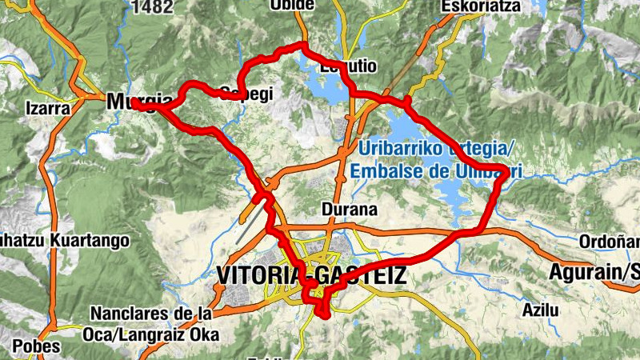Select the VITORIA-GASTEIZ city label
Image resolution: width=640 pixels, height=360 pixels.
click(x=310, y=276)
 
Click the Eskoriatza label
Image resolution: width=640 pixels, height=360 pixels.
click(x=480, y=6)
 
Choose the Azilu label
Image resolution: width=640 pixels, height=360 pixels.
click(x=538, y=309)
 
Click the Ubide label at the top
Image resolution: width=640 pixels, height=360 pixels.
click(x=292, y=5)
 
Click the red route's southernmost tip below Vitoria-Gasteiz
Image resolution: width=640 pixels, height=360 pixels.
click(x=325, y=314)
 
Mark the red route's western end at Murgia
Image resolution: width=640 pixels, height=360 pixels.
click(x=134, y=103)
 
